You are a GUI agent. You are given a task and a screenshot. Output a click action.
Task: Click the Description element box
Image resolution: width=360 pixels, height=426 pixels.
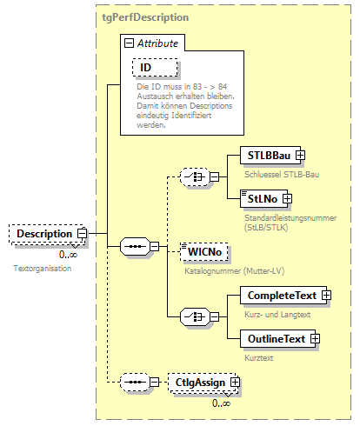coord(43,233)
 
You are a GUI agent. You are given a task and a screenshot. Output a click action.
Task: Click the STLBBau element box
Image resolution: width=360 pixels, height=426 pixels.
coord(259,155)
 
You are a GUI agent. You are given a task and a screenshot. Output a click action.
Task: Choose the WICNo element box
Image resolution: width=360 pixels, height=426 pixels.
coord(206,252)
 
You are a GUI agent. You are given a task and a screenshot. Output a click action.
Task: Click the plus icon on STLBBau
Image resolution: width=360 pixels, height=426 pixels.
coord(300,155)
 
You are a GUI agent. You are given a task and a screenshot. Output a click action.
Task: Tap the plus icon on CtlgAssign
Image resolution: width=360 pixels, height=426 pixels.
coord(234,382)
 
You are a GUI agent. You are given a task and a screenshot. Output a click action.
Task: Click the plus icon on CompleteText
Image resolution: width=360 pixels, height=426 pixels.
coord(327,296)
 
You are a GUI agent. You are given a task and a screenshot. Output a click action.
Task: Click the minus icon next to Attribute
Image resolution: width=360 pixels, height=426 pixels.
coord(129,42)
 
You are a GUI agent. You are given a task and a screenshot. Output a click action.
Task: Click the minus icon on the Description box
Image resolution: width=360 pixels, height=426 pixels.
coord(82,233)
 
